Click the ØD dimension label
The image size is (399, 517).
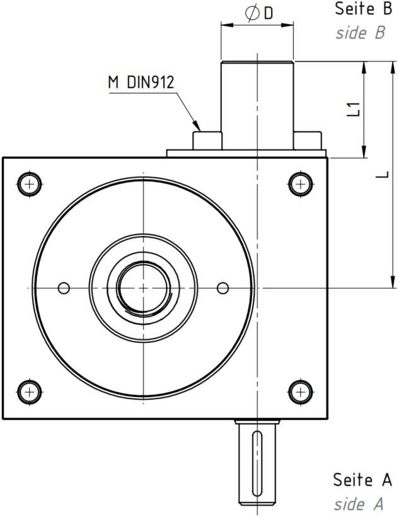tap(259, 13)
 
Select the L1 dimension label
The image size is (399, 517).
tap(354, 109)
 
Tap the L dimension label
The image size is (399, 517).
tap(383, 175)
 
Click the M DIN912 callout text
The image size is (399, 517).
tap(141, 83)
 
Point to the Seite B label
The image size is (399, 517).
tap(364, 9)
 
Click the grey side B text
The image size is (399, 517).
tap(361, 33)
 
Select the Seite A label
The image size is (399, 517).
tap(362, 479)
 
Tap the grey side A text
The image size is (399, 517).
tap(359, 504)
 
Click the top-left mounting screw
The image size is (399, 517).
tap(30, 183)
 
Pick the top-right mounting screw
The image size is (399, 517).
tap(301, 183)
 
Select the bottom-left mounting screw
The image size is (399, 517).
tap(30, 392)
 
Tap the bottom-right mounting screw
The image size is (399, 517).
tap(301, 392)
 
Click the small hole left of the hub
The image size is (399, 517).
tap(64, 288)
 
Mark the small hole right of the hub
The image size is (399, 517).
tap(223, 288)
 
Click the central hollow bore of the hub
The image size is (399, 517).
tap(144, 288)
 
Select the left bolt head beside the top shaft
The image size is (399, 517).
tap(207, 141)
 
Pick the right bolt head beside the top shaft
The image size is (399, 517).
tap(308, 141)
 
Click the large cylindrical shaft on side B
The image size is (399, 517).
tap(257, 105)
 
